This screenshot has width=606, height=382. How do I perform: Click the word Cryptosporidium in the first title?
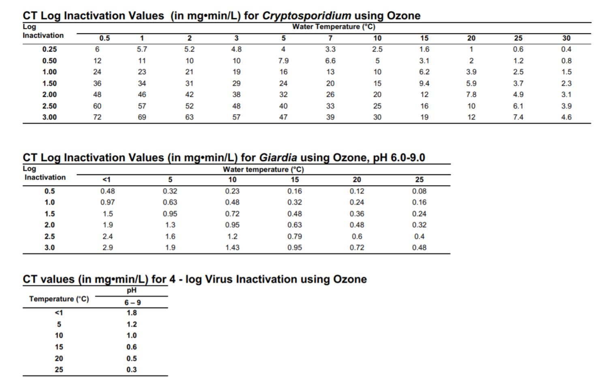306,16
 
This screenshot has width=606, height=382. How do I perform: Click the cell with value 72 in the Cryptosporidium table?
97,117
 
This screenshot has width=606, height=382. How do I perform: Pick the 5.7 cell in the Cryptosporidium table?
142,49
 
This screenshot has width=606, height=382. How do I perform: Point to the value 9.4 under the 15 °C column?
424,83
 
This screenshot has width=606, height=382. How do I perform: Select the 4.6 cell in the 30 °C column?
566,117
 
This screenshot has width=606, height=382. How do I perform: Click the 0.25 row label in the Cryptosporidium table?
49,49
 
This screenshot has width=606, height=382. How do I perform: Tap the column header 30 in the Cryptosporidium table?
566,38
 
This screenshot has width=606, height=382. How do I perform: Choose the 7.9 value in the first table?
283,61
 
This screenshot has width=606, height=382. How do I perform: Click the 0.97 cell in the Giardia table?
107,202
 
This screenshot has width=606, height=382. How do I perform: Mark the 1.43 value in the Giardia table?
232,248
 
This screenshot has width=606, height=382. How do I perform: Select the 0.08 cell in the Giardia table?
419,191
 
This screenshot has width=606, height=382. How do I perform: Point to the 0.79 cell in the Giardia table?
295,236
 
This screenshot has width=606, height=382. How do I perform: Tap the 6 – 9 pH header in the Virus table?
132,302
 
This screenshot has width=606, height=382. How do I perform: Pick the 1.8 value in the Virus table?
132,313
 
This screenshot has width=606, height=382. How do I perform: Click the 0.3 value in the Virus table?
132,370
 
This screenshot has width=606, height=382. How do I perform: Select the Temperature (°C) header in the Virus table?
59,299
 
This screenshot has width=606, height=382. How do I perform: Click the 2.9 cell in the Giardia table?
107,248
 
